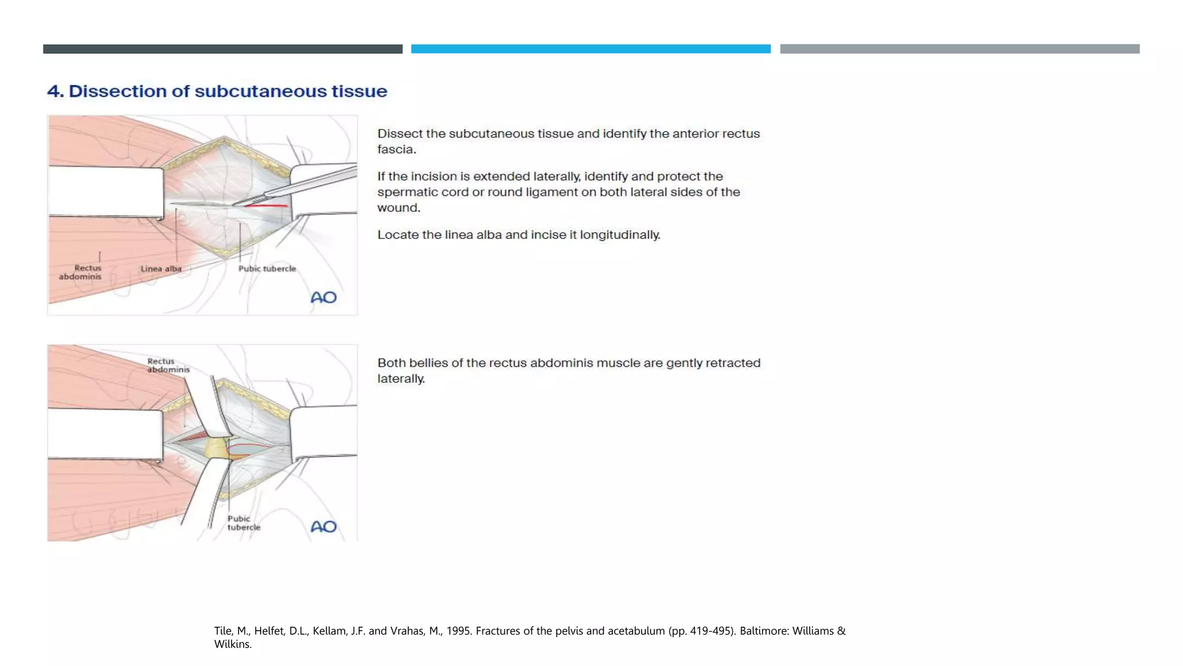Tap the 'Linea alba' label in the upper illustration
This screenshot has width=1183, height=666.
point(161,269)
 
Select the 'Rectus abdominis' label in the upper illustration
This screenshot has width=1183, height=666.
point(80,272)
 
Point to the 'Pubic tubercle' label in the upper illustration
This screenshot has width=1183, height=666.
point(267,269)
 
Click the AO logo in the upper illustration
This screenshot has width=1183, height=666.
point(323,298)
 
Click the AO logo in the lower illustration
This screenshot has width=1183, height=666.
point(323,527)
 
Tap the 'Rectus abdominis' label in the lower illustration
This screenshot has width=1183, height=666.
point(168,365)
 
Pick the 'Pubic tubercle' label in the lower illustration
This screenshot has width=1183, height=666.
point(243,523)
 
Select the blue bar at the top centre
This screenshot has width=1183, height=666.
point(590,49)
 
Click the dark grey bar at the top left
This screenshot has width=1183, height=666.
point(222,49)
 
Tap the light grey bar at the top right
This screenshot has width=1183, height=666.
point(959,49)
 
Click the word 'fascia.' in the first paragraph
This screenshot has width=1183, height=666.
point(396,150)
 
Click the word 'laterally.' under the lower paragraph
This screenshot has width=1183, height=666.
point(401,379)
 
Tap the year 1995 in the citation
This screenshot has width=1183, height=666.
point(457,631)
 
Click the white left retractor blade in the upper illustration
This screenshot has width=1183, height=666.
point(106,192)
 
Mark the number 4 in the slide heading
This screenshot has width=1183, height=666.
point(54,91)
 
